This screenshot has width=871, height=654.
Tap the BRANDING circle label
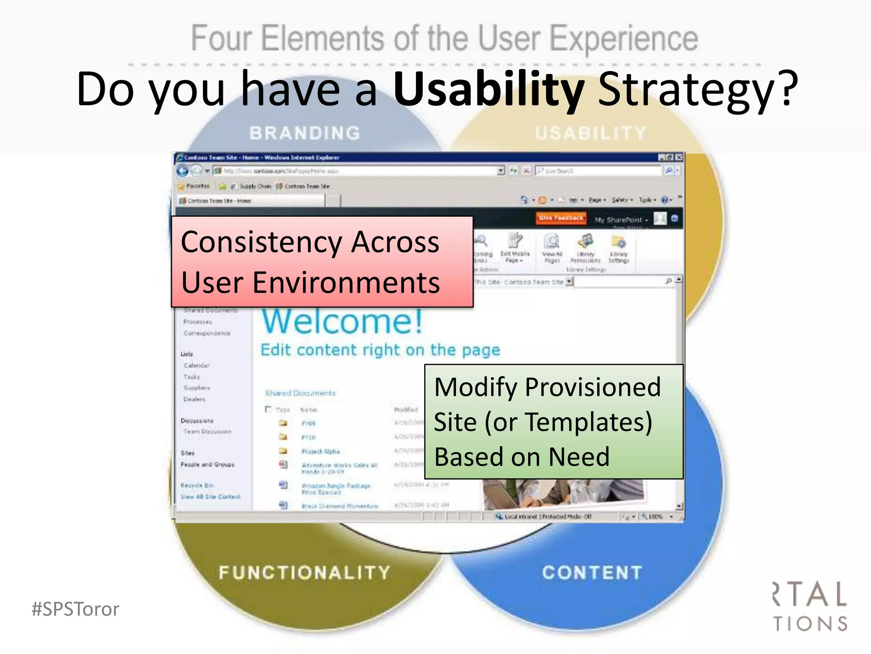(x=305, y=133)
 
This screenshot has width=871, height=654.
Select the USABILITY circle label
(x=590, y=133)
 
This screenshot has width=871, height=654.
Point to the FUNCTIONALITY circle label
(x=305, y=573)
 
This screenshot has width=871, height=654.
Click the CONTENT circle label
(x=592, y=573)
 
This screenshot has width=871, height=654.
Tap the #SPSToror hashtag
(x=75, y=609)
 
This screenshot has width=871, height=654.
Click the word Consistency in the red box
(x=261, y=242)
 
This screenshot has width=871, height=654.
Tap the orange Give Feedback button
(x=561, y=218)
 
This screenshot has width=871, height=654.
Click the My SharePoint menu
(x=620, y=220)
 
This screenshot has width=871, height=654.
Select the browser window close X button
(x=679, y=157)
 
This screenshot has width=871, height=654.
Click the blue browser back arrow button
(x=182, y=171)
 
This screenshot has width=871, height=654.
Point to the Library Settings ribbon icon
(x=618, y=249)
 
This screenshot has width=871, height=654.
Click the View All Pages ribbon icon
(x=552, y=249)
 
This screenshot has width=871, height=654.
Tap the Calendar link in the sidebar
(x=196, y=365)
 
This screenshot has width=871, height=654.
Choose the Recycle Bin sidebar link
(x=197, y=485)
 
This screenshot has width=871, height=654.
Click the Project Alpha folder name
(x=321, y=451)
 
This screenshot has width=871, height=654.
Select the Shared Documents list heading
(x=300, y=393)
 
